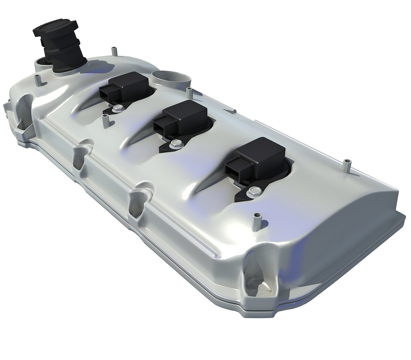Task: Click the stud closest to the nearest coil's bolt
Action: tap(257, 221)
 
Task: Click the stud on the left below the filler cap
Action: tap(37, 80)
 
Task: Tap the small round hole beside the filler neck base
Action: tap(42, 62)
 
